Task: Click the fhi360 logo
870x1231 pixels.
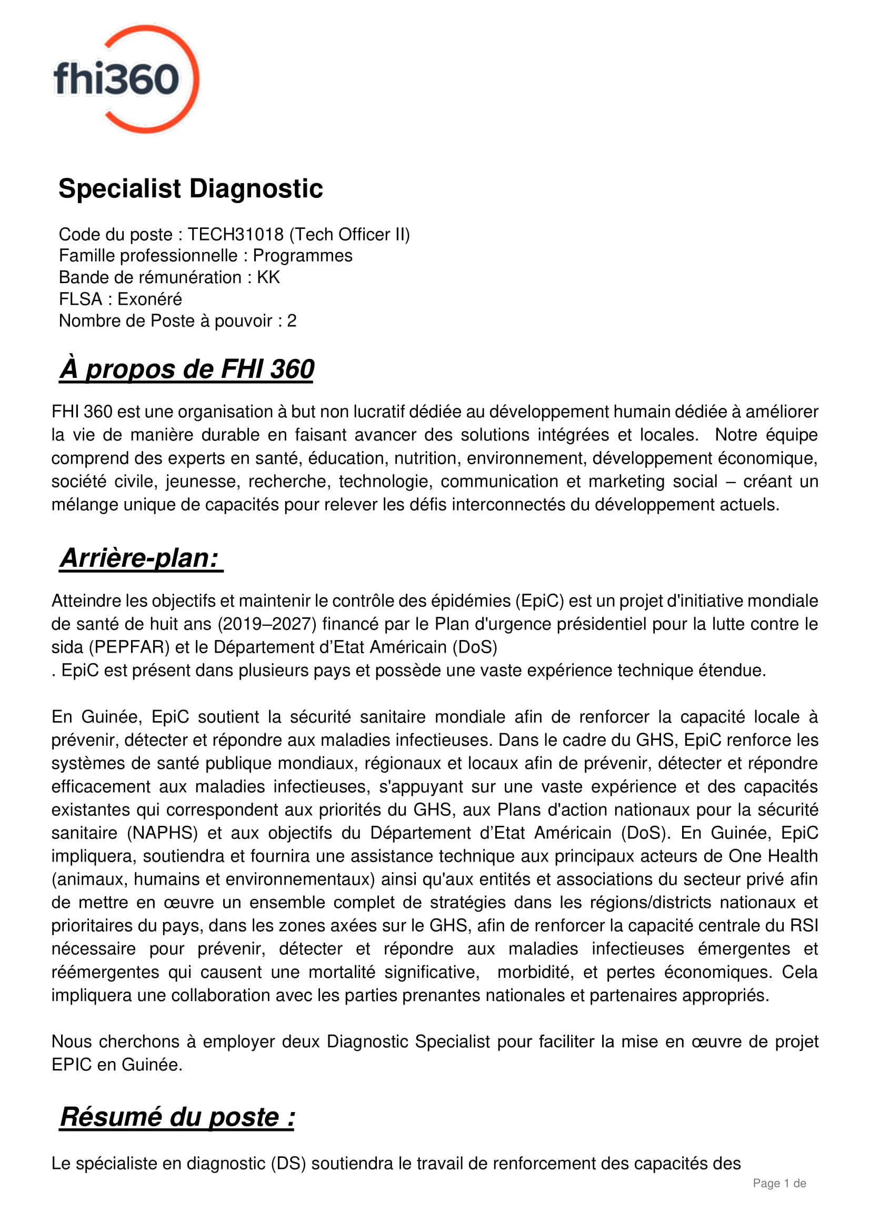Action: (126, 79)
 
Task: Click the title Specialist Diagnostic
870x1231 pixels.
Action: (191, 189)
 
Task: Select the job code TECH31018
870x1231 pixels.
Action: (235, 234)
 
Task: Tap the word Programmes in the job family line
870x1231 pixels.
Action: (302, 256)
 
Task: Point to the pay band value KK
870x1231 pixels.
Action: (268, 277)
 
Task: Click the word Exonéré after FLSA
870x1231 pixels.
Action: (149, 299)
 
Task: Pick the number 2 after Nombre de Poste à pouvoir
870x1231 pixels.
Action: (292, 321)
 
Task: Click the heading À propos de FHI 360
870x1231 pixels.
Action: (186, 369)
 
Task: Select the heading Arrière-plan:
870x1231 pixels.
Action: (141, 558)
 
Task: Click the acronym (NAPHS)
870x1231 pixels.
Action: (163, 833)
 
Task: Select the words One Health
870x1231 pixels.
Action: (773, 856)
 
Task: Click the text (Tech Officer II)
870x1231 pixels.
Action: (349, 234)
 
